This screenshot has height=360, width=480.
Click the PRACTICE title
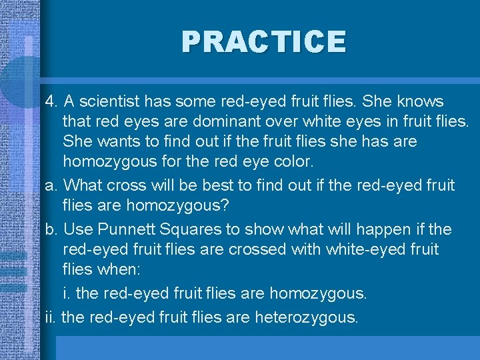tap(264, 41)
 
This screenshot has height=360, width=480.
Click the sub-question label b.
tap(50, 230)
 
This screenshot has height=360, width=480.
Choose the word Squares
tap(193, 230)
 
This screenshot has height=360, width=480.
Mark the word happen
tap(380, 230)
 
